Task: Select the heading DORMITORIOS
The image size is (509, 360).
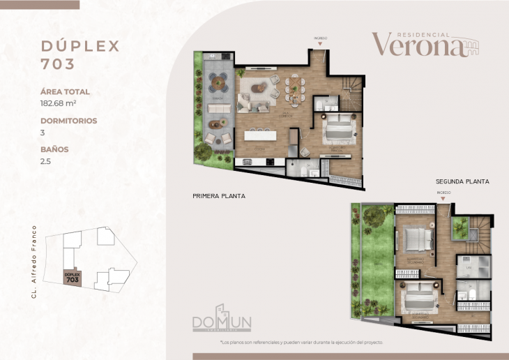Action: click(68, 121)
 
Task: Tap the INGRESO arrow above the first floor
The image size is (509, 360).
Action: click(320, 43)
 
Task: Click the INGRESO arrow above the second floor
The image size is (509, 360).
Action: click(443, 198)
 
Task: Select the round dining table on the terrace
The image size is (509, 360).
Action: click(221, 83)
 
